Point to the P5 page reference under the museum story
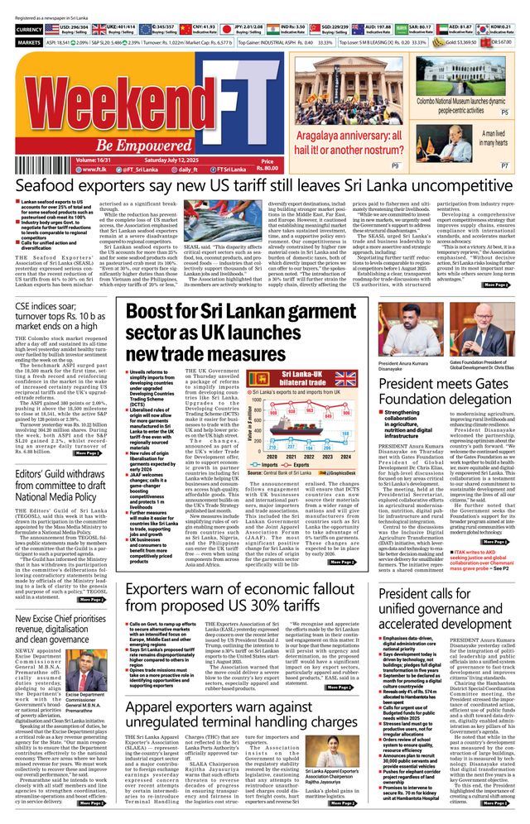[x=504, y=110]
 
